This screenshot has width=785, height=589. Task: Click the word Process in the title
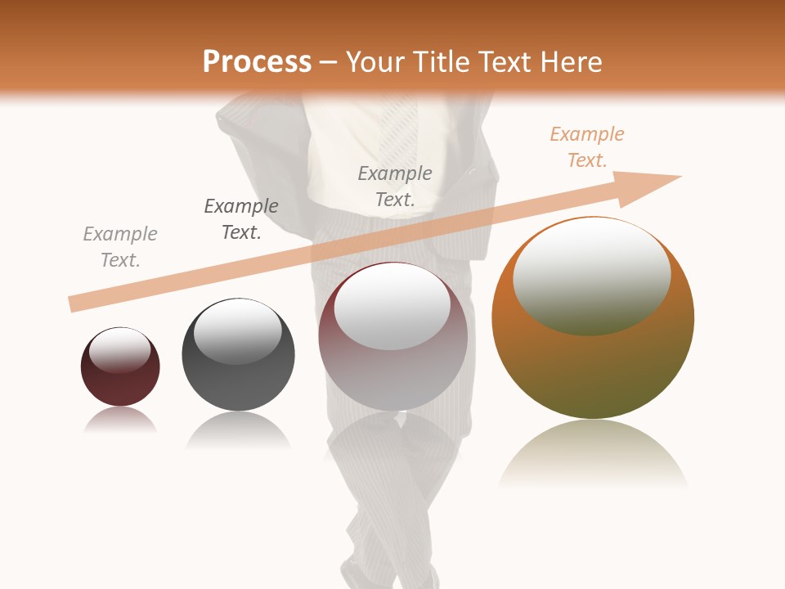(x=257, y=62)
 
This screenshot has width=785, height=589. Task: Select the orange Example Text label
(x=586, y=147)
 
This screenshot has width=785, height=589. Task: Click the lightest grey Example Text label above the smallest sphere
(x=120, y=246)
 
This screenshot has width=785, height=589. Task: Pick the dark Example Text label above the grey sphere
(x=241, y=219)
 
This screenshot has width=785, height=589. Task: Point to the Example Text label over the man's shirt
(x=395, y=186)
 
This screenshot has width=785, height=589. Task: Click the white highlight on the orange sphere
(x=591, y=274)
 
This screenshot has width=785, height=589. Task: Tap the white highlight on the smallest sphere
(x=119, y=350)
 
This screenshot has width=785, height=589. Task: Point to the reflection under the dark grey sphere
(x=238, y=429)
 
